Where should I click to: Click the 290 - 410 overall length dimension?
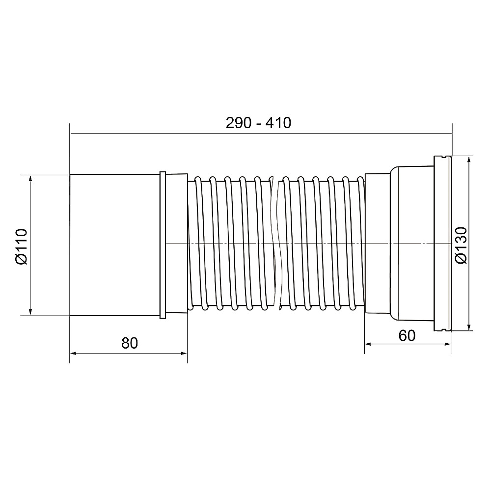(258, 123)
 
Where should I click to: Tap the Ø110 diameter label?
(22, 247)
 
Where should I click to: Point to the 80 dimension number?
(130, 343)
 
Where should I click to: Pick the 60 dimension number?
(407, 336)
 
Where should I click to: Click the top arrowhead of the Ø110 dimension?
(30, 178)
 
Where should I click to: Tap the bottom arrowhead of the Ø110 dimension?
(30, 312)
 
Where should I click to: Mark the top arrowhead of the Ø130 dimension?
(469, 159)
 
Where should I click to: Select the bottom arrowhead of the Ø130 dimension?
(469, 327)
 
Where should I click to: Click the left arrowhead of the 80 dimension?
(73, 354)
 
